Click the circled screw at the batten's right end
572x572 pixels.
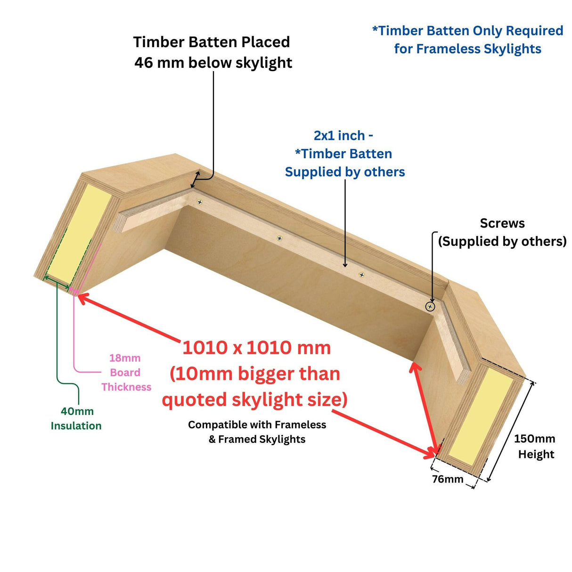coord(430,307)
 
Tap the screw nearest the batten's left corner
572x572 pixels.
coord(200,203)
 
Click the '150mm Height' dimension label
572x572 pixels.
coord(534,446)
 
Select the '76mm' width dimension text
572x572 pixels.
coord(447,479)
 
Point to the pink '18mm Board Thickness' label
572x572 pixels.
coord(125,372)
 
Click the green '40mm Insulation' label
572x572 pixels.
coord(76,418)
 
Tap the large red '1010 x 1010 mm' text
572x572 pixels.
coord(256,348)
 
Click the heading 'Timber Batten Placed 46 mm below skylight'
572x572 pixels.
coord(212,52)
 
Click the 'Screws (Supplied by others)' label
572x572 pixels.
coord(502,232)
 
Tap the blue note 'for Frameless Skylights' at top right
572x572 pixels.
coord(467,49)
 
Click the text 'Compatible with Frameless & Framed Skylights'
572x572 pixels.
coord(257,432)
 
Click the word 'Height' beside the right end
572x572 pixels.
coord(536,454)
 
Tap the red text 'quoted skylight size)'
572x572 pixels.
coord(254,400)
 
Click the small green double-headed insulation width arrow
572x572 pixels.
coord(56,283)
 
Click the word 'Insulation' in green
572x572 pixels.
coord(76,425)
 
